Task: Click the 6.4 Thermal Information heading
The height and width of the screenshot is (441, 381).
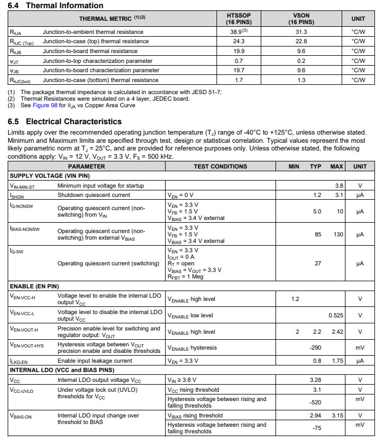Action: tap(56, 5)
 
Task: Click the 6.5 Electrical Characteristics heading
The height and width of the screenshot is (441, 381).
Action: tap(65, 121)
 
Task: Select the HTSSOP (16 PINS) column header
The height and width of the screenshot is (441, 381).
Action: tap(238, 19)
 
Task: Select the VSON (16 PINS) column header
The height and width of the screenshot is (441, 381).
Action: tap(301, 19)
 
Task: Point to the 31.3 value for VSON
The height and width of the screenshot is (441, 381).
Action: tap(301, 32)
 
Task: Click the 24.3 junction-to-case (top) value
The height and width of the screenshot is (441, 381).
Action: tap(238, 41)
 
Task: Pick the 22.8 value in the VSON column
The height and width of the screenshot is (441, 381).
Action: tap(301, 41)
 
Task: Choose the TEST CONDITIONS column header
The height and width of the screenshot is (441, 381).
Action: tap(220, 166)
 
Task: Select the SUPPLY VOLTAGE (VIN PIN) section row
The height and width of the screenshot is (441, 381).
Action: tap(50, 176)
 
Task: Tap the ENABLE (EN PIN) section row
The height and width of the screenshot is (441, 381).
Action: tap(35, 286)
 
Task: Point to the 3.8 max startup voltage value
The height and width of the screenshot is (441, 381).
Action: tap(339, 185)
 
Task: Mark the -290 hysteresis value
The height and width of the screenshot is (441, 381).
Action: tap(315, 348)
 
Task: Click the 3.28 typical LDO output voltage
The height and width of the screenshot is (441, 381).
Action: tap(316, 380)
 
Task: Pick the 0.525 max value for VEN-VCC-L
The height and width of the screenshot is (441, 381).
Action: tap(336, 315)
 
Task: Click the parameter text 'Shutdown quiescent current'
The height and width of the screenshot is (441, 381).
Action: tap(94, 195)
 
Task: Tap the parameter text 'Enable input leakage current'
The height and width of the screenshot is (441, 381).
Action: tap(95, 361)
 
